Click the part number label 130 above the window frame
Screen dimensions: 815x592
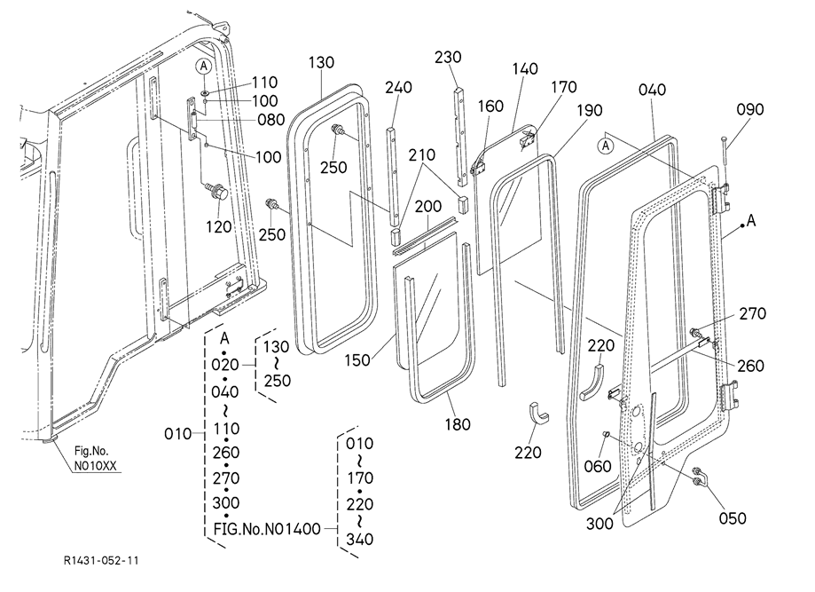(321, 62)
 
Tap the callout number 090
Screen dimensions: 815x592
(750, 109)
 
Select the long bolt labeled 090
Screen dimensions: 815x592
(724, 151)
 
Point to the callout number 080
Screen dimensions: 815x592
(270, 120)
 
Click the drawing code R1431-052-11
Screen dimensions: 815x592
(101, 560)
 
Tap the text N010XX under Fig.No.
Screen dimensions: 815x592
(95, 466)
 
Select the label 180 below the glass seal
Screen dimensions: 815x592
(458, 424)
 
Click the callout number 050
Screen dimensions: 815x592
(733, 518)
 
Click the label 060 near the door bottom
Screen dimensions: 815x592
(597, 466)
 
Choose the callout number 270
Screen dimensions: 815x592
(753, 313)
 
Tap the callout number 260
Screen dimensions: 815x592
(750, 366)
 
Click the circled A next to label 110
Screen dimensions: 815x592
(204, 66)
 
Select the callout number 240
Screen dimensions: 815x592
(399, 87)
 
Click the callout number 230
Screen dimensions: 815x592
(448, 57)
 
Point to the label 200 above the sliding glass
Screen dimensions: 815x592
(428, 207)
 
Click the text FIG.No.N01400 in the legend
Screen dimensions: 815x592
(267, 529)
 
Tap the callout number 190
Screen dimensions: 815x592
(590, 110)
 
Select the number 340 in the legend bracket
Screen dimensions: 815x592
(360, 540)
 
